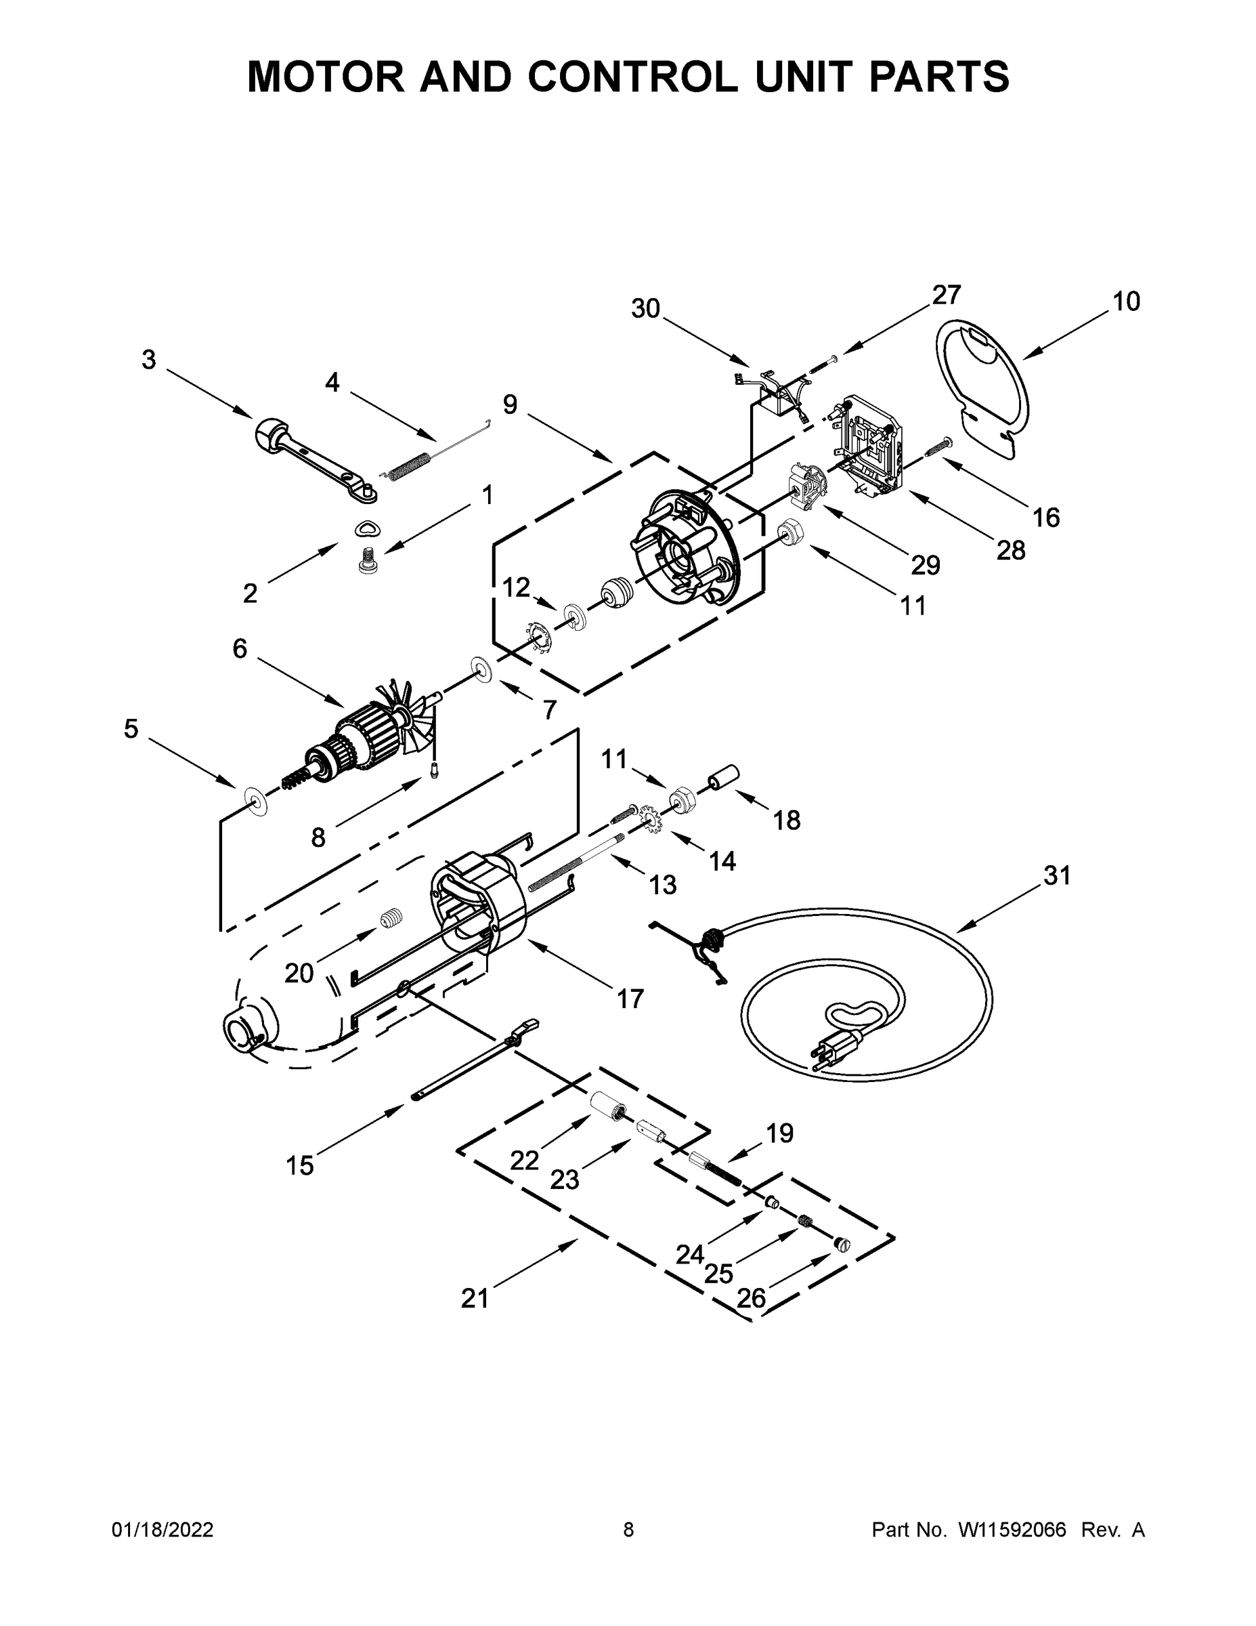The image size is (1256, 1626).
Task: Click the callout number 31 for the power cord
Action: [1056, 875]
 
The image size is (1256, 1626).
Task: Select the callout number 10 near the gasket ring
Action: [1126, 301]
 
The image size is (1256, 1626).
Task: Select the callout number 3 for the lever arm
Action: [149, 360]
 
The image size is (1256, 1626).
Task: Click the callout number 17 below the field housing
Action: [630, 999]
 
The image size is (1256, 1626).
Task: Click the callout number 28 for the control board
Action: [1010, 550]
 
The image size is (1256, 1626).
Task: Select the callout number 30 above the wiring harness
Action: [645, 308]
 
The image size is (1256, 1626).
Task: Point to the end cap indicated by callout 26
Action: [842, 1243]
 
